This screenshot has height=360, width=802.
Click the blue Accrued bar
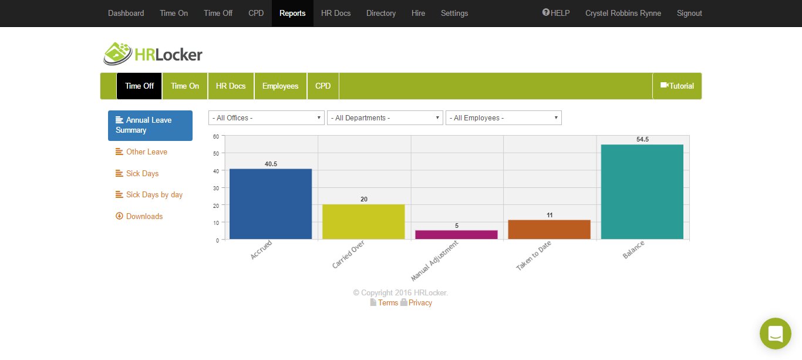point(271,204)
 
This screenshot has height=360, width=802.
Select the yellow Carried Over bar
point(363,221)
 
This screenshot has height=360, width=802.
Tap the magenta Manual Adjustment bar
point(456,234)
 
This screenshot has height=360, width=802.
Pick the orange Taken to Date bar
point(549,230)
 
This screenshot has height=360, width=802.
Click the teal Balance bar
point(642,191)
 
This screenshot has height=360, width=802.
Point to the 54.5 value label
point(642,139)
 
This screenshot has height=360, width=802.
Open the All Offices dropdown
point(267,118)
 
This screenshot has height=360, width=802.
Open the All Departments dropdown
point(385,118)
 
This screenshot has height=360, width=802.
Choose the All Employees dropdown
point(504,118)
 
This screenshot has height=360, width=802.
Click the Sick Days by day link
point(154,195)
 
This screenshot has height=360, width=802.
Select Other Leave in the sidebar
point(146,152)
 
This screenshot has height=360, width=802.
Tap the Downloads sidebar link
point(144,217)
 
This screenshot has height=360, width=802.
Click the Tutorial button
point(677,86)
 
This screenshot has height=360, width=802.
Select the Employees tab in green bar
point(280,86)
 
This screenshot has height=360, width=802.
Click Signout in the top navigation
point(689,13)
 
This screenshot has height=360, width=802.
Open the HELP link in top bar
point(556,13)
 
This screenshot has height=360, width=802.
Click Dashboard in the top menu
point(126,13)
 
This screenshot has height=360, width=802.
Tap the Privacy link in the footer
point(420,303)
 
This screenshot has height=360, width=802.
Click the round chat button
point(775,334)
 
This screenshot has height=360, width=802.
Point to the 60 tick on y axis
point(216,136)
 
